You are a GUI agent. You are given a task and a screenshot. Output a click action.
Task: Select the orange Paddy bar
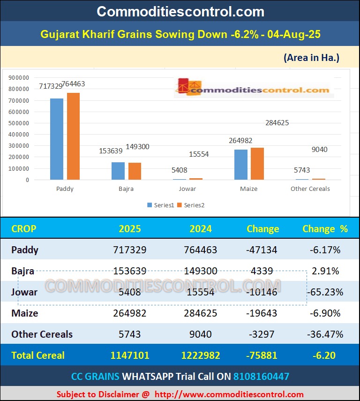[73, 136]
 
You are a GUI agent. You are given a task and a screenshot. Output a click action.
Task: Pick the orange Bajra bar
[135, 171]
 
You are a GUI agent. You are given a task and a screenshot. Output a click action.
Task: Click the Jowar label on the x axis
[187, 189]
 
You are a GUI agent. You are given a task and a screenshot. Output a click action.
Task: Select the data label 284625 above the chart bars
[277, 123]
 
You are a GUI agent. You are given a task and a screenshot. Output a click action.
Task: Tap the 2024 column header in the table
[201, 229]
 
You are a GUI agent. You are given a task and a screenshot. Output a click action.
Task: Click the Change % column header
[325, 229]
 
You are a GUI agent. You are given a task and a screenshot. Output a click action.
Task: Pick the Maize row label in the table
[25, 313]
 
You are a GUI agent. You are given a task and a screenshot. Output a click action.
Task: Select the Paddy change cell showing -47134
[262, 250]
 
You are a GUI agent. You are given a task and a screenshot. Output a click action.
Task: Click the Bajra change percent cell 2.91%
[325, 271]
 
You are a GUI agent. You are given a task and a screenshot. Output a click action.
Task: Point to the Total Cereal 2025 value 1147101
[130, 355]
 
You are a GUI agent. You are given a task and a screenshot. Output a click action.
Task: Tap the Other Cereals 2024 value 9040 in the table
[201, 334]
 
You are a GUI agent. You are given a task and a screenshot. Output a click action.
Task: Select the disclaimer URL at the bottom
[229, 394]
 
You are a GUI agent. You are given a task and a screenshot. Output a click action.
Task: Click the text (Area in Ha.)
[311, 58]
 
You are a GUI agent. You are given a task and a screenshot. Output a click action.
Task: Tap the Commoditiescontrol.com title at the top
[180, 11]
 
